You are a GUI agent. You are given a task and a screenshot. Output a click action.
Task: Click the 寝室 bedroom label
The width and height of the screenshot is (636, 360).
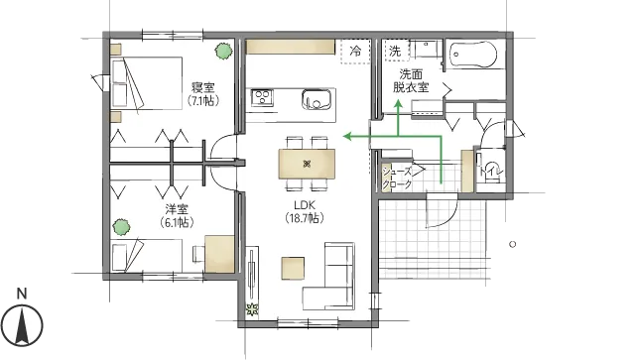(203, 87)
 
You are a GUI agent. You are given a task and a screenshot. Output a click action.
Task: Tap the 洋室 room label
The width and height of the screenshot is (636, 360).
(177, 209)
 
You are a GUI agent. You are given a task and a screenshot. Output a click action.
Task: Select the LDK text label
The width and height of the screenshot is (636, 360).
(305, 205)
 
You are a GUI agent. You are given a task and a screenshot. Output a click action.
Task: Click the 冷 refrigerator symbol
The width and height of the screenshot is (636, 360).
(356, 52)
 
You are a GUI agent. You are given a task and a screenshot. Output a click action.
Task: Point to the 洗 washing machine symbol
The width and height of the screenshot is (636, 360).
(396, 51)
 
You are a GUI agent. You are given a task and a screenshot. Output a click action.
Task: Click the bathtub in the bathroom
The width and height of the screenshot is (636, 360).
(473, 55)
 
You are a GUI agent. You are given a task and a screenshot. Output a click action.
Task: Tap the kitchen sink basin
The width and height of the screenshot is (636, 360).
(317, 99)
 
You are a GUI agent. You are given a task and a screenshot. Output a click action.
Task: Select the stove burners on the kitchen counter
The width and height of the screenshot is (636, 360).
(262, 98)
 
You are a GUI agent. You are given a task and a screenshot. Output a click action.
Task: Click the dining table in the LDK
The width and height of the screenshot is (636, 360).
(307, 164)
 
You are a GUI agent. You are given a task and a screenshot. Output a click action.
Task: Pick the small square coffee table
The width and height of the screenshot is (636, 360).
(294, 269)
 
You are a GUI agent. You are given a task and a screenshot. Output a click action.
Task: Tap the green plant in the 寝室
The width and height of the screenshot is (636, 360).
(223, 52)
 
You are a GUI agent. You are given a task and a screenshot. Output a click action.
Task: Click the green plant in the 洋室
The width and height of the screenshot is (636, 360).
(121, 227)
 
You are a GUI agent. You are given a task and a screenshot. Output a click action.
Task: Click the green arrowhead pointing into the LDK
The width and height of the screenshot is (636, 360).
(347, 136)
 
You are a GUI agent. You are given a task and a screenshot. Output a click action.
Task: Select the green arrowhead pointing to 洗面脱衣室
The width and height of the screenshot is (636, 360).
(398, 104)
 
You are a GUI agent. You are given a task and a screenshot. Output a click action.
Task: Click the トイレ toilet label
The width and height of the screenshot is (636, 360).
(491, 172)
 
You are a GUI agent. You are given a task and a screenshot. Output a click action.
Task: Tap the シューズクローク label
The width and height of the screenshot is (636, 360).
(397, 178)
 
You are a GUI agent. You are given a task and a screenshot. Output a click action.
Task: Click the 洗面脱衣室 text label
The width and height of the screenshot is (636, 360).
(411, 80)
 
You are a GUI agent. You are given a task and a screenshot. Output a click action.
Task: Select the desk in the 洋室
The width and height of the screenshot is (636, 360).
(219, 254)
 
